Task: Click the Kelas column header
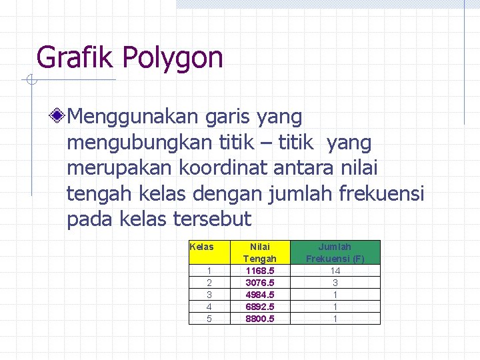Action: (x=202, y=247)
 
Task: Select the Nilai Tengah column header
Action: (x=259, y=252)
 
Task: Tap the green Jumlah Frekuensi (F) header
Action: (x=335, y=252)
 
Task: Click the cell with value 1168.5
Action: (x=259, y=271)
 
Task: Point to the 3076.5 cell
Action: (x=259, y=283)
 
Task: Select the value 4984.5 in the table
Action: (x=259, y=295)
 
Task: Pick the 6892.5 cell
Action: (x=259, y=307)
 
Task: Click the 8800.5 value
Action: (x=259, y=319)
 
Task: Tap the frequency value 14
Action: (x=335, y=271)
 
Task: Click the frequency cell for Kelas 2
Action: (x=335, y=283)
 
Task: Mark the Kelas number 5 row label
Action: (x=209, y=319)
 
